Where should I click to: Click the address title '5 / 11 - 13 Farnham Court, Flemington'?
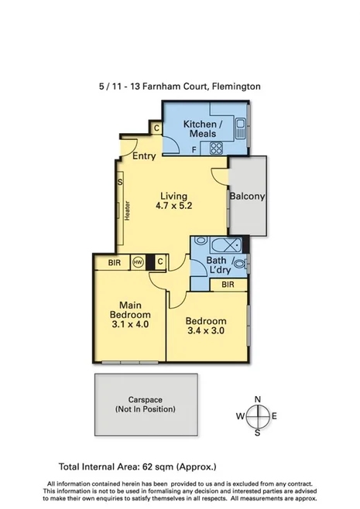click(180, 87)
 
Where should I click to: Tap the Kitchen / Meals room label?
click(202, 130)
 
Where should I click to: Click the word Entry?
click(144, 156)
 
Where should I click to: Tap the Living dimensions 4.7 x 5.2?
click(173, 207)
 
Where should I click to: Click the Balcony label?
click(247, 196)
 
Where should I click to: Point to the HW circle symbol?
click(138, 262)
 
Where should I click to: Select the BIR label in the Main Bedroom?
click(113, 263)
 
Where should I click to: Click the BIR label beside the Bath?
click(228, 285)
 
